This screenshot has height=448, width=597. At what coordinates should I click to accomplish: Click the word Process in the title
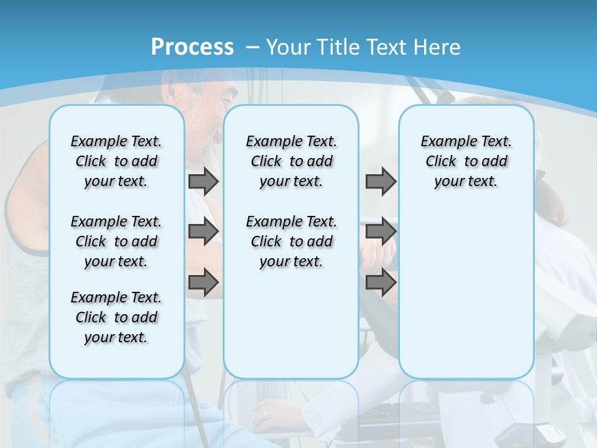click(x=192, y=47)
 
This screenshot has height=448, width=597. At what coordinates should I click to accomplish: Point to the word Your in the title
click(x=289, y=47)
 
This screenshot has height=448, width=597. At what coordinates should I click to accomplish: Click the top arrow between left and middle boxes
click(x=203, y=181)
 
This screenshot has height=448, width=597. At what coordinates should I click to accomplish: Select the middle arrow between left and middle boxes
click(x=203, y=232)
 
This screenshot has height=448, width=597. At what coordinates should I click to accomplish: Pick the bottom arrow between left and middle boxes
click(x=203, y=282)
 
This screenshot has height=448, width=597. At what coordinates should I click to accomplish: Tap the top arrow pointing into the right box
click(x=381, y=181)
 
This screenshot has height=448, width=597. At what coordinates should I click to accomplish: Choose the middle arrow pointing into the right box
click(x=381, y=231)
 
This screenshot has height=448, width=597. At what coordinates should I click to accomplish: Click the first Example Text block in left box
click(x=116, y=161)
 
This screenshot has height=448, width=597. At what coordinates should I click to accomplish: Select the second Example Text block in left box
click(x=116, y=241)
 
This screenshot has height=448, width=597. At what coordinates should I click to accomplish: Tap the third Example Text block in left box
click(x=116, y=317)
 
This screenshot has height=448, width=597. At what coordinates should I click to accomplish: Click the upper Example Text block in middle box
click(x=291, y=161)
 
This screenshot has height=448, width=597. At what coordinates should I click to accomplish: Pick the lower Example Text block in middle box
click(x=291, y=241)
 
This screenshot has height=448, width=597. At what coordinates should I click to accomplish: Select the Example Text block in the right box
click(x=466, y=161)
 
